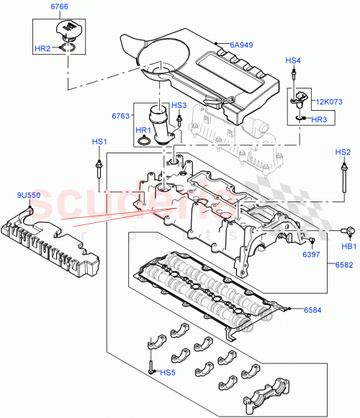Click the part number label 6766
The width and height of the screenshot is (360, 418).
pos(60,8)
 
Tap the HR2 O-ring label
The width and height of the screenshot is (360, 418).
pos(42,48)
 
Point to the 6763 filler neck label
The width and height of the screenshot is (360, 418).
pos(120,116)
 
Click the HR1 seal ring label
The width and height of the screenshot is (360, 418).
pos(143,130)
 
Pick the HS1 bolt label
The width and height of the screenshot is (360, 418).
pos(99,142)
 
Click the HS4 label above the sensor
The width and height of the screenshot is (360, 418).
pos(293,61)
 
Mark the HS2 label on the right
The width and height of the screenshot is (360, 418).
pos(343,153)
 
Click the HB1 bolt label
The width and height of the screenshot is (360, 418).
pos(348,247)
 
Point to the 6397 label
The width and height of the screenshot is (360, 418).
pos(312,255)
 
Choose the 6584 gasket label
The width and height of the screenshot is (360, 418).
pos(312,310)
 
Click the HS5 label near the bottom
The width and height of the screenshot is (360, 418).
pos(168,372)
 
